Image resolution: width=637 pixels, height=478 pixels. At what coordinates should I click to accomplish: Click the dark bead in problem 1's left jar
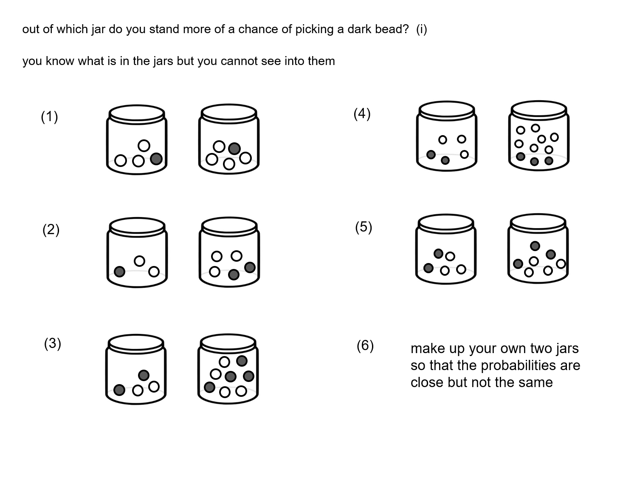point(156,159)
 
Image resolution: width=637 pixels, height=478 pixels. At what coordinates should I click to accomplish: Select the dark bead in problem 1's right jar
point(234,148)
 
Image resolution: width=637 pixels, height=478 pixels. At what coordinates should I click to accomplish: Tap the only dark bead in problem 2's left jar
point(120,272)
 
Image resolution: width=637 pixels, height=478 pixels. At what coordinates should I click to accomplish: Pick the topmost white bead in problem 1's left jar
point(144,146)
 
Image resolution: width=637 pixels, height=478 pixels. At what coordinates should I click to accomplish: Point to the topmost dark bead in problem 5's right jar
point(535,246)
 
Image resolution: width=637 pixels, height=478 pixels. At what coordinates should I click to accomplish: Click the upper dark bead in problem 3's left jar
point(144,375)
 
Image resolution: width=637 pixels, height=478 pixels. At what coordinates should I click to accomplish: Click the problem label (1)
point(49,116)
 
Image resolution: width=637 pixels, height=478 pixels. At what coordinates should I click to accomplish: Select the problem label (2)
point(51,230)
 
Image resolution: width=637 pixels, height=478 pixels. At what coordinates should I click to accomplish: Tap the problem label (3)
point(53,343)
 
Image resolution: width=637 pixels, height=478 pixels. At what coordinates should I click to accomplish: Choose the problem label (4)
point(362,114)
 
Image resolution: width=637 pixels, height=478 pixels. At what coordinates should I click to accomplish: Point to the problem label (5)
point(364,227)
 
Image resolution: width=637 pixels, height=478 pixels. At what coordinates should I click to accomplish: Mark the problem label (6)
point(365,345)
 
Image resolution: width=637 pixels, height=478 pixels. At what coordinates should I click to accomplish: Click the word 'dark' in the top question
point(359,29)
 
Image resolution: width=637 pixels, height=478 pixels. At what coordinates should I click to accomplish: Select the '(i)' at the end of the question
point(422,29)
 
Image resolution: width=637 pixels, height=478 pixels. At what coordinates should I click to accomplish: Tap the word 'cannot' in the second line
point(239,61)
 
